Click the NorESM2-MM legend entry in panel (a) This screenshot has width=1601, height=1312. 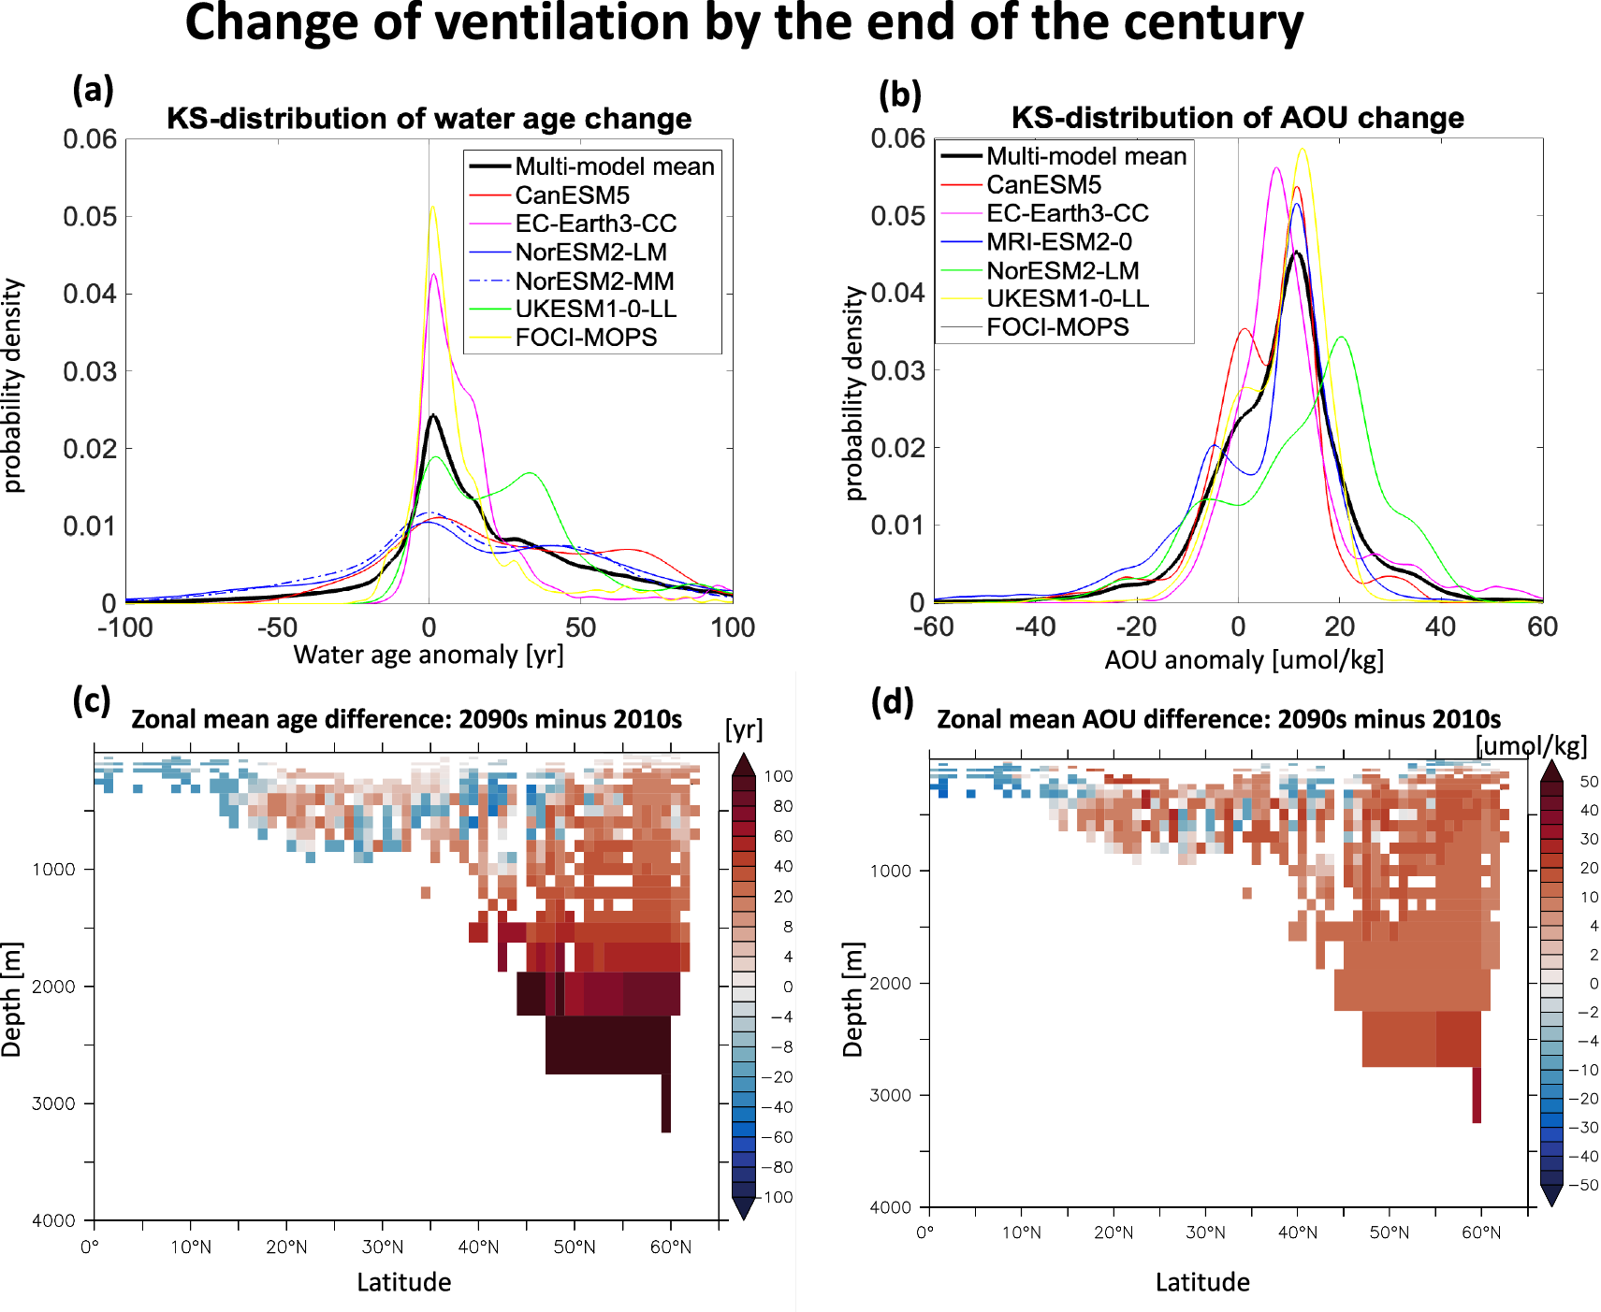(593, 281)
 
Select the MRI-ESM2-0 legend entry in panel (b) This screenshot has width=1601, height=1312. (1058, 242)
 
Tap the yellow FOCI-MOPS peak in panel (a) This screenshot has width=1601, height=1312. (432, 208)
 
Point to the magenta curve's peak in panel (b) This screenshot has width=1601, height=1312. (1276, 168)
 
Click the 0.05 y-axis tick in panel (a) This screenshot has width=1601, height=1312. (90, 217)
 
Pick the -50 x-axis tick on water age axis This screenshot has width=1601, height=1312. (277, 627)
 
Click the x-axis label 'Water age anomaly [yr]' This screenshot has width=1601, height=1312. (429, 655)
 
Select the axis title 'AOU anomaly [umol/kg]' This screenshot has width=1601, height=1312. (1244, 660)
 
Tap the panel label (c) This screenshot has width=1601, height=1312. (92, 700)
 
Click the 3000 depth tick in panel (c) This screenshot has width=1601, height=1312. (53, 1103)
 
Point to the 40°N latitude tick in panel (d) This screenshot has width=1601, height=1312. (1297, 1233)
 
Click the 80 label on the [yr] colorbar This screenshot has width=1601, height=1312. (782, 806)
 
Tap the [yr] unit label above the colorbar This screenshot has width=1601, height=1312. (744, 729)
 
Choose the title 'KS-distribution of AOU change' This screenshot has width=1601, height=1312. (1237, 118)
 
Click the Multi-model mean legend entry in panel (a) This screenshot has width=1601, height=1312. (614, 166)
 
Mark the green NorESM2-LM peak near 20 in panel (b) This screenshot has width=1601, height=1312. (1342, 338)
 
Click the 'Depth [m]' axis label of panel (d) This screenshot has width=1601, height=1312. (852, 999)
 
